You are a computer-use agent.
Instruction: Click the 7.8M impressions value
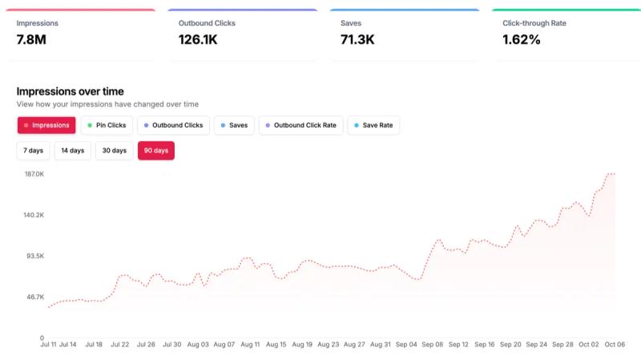(32, 39)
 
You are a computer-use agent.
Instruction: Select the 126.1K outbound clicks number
(198, 39)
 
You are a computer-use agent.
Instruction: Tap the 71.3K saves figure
(357, 39)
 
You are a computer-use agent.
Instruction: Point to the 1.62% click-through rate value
(521, 39)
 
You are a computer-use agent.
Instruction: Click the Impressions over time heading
(70, 91)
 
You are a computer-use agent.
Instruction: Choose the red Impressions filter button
(47, 125)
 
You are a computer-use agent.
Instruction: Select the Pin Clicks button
(107, 125)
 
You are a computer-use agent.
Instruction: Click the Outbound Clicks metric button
(173, 125)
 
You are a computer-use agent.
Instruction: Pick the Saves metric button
(234, 125)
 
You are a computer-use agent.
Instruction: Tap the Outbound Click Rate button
(300, 125)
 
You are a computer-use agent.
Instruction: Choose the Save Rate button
(373, 125)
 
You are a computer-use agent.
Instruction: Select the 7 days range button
(34, 151)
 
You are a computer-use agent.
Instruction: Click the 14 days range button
(72, 151)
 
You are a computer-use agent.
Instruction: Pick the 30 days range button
(114, 151)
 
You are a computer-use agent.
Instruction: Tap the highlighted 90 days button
(156, 151)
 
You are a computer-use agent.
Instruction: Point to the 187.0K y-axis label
(33, 174)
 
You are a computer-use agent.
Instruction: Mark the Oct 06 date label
(615, 345)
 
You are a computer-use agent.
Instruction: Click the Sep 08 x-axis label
(433, 345)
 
